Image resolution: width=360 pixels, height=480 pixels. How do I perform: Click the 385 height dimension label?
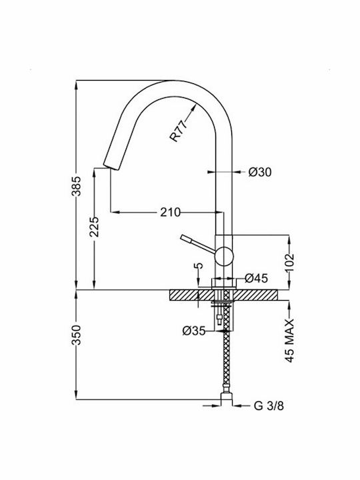(x=77, y=186)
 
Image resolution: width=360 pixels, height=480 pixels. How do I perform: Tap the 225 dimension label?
(x=95, y=227)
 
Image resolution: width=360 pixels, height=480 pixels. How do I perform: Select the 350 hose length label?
(x=77, y=335)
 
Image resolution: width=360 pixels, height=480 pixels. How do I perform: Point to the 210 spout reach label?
(x=171, y=212)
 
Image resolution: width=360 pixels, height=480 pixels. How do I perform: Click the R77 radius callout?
(x=178, y=131)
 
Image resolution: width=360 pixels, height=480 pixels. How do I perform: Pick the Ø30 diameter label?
(x=260, y=173)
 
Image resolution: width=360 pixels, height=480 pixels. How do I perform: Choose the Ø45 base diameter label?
(x=257, y=278)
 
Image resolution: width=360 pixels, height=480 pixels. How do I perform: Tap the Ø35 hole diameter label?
(x=194, y=331)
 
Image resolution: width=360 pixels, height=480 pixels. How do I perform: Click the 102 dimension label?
(x=289, y=263)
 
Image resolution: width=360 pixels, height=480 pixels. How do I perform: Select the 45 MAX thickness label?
(x=289, y=341)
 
